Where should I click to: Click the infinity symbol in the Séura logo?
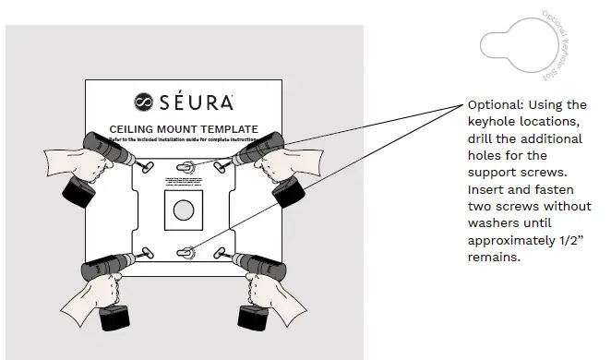144,102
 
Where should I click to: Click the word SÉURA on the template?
195,102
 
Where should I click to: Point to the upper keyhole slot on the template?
186,166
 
